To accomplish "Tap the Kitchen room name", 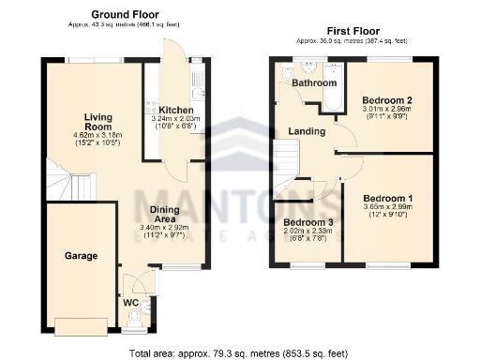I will (x=175, y=108).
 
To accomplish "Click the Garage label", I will (x=81, y=255).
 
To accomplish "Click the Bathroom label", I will (x=313, y=83).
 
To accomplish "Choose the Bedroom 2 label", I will (x=388, y=99).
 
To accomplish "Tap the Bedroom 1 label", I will (x=387, y=199).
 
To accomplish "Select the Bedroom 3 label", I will (x=307, y=223).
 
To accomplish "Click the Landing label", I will (x=307, y=131).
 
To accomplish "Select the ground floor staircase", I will (x=58, y=182).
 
